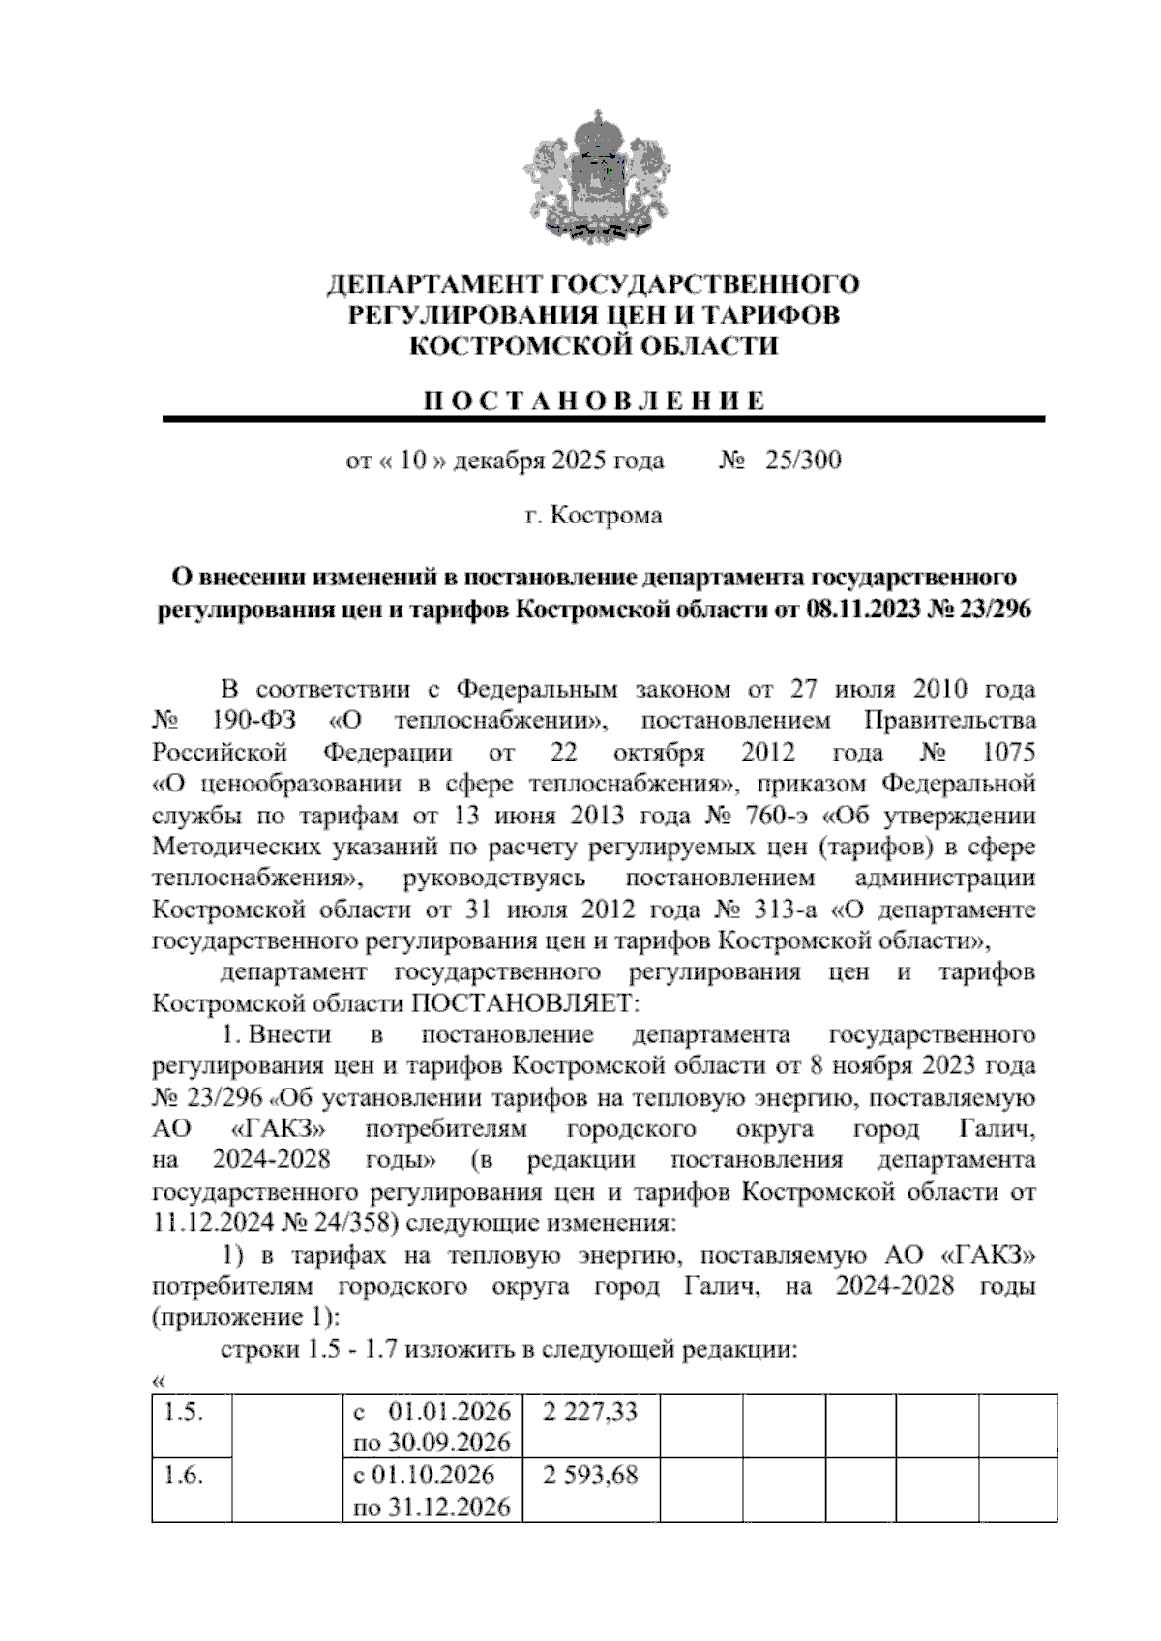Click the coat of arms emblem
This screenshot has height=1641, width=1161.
pos(593,176)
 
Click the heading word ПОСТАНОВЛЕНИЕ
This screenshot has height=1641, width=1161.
pos(593,402)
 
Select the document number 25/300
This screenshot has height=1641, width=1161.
pos(802,460)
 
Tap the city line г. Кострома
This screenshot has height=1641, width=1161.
pos(593,516)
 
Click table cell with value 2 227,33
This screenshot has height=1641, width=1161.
pos(590,1413)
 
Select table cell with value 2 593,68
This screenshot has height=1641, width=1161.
pos(590,1476)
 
